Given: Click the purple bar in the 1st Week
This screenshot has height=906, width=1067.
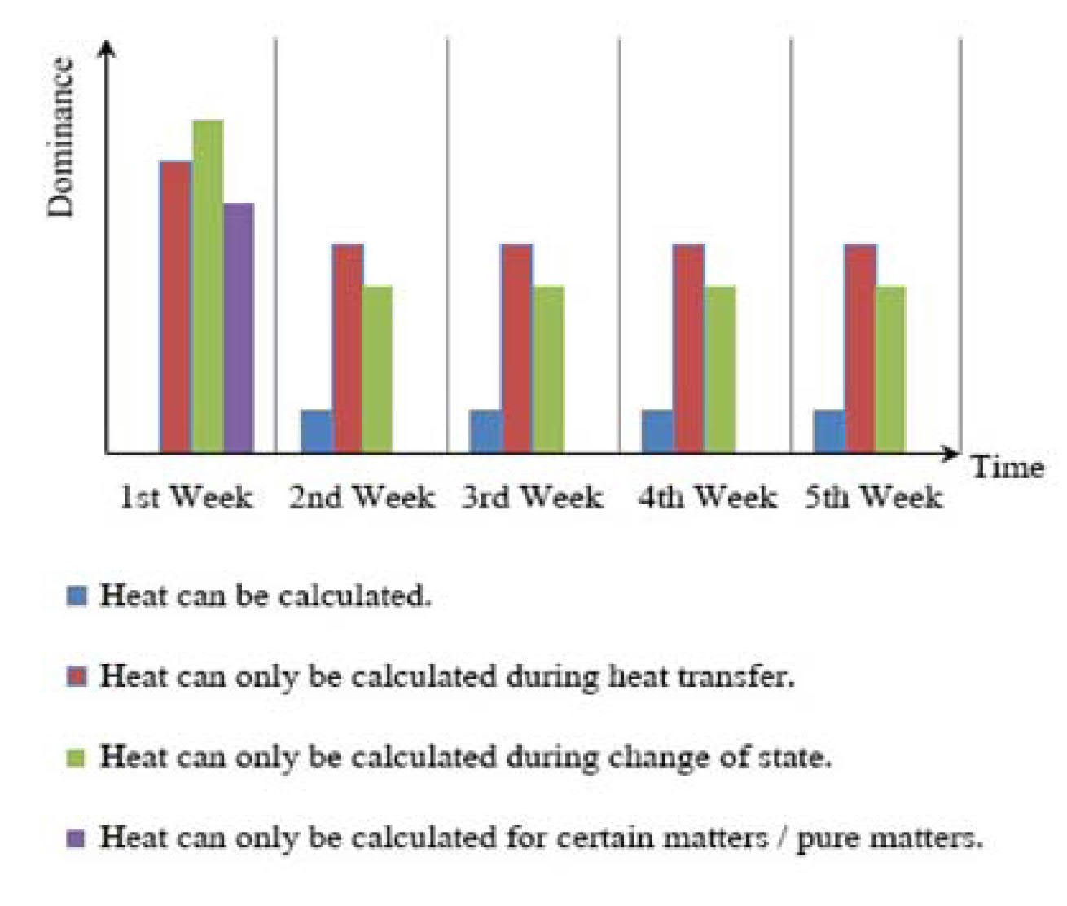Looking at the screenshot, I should (239, 328).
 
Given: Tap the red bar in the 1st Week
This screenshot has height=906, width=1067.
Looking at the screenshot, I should (176, 306).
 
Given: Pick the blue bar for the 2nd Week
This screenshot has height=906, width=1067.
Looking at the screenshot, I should (317, 431).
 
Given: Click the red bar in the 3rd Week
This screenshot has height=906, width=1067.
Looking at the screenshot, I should (517, 348).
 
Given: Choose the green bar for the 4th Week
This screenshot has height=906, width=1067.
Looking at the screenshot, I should (720, 368).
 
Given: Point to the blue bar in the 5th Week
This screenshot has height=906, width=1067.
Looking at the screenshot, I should (829, 431).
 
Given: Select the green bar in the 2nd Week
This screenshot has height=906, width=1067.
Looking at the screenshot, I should (377, 368).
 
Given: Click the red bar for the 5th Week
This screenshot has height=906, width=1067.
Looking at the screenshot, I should (861, 348).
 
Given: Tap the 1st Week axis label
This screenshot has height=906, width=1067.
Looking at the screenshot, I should (187, 497).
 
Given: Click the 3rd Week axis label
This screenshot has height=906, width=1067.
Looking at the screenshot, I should (533, 497).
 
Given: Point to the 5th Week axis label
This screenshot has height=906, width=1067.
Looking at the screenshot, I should (874, 497).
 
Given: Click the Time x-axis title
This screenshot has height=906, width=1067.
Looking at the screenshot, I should (1008, 468).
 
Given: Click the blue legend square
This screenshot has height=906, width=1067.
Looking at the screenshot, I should (77, 596).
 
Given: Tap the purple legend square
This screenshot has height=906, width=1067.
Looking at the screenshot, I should (77, 838).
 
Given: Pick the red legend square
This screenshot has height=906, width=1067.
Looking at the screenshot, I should (77, 676).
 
